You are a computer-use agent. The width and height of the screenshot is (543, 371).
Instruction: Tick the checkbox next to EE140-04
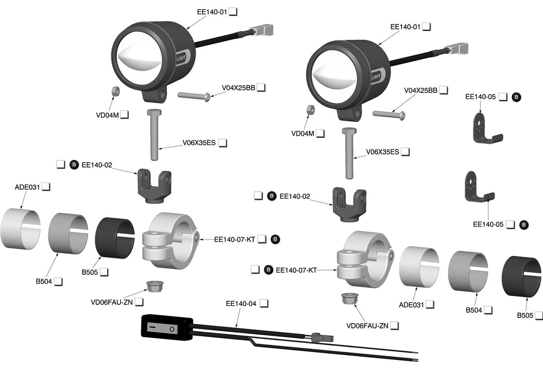point(264,303)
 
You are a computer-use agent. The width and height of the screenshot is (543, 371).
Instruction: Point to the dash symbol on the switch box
point(152,327)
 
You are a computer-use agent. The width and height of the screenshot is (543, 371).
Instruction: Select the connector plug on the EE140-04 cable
point(321,338)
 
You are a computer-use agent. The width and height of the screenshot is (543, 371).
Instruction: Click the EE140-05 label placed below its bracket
point(488,224)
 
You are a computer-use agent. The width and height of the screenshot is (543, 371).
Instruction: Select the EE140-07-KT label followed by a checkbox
point(234,239)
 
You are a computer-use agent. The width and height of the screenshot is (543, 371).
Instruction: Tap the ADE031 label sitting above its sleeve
point(27,187)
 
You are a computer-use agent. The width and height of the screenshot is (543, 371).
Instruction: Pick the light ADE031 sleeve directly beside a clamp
point(419,266)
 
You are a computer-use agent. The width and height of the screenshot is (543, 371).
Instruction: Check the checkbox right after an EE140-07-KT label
point(262,239)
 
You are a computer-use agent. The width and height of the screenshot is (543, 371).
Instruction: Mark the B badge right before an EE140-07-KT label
point(268,269)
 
